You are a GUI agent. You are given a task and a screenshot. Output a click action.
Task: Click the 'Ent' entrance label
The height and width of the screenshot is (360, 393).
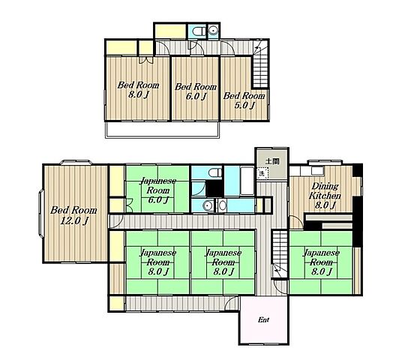263,319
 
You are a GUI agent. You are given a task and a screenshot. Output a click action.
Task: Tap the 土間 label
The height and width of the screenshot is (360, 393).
272,161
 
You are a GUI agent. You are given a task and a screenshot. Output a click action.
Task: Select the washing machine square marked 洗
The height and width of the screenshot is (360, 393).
262,173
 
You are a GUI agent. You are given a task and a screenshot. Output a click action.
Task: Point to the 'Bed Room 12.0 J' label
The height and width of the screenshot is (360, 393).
73,215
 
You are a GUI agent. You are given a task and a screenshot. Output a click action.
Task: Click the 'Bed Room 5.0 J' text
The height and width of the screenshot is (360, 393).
244,100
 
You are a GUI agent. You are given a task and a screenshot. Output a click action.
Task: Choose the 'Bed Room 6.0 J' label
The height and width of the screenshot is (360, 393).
196,91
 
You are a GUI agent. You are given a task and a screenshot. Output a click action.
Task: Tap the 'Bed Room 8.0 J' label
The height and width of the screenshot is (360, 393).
138,90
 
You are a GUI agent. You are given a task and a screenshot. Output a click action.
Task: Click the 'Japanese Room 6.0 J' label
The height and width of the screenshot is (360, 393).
157,190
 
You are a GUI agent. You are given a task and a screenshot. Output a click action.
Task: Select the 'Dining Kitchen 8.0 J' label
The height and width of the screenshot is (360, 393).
325,196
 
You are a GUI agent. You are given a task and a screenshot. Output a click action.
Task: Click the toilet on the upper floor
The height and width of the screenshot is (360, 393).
198,31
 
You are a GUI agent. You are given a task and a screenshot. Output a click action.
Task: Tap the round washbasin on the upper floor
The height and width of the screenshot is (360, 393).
214,31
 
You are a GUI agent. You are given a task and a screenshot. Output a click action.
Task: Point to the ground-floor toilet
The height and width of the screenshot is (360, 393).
215,172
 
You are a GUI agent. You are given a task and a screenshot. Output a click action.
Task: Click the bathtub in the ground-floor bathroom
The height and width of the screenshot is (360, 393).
247,181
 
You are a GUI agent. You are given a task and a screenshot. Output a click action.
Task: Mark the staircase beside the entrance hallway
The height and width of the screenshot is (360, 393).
280,253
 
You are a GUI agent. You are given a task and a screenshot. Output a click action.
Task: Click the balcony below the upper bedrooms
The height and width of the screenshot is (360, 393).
163,130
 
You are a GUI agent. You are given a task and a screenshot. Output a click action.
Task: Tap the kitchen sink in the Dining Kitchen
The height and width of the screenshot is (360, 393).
317,171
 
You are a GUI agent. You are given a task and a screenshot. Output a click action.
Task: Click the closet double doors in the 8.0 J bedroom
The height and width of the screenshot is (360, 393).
145,60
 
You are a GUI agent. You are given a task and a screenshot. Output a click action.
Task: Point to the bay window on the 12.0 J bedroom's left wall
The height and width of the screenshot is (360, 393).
41,213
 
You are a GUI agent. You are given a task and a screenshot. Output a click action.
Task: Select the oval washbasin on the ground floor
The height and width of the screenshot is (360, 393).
222,205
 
